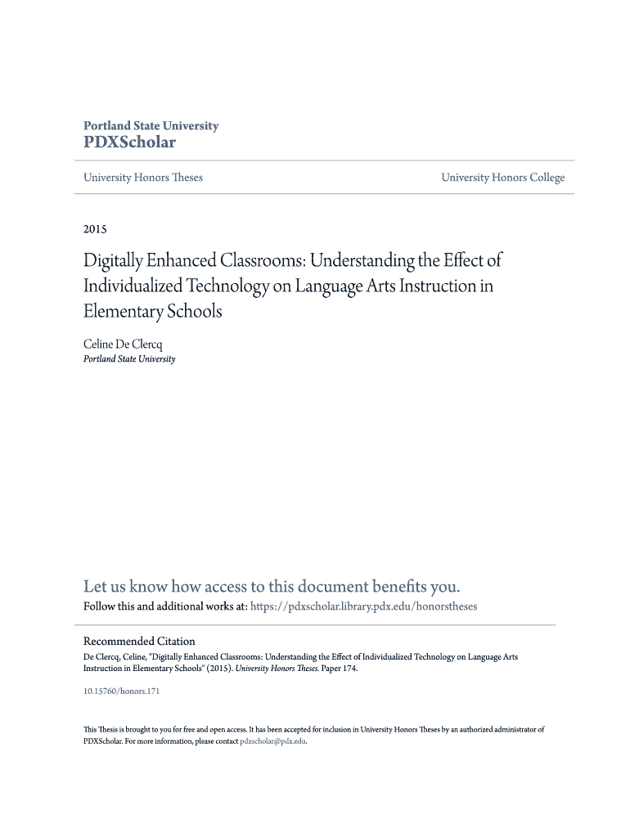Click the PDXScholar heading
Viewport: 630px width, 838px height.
tap(129, 142)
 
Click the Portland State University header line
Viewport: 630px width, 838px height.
tap(151, 126)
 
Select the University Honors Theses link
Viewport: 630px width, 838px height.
tap(143, 178)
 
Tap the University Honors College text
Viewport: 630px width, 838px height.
tap(502, 178)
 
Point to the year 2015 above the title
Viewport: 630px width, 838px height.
tap(96, 228)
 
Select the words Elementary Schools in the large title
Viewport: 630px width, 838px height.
tap(153, 312)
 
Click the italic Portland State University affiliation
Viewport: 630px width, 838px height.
tap(129, 358)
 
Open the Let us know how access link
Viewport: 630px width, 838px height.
tap(272, 586)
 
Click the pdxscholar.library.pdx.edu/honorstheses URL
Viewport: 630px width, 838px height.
tap(362, 606)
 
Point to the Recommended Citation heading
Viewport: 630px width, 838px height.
tap(140, 641)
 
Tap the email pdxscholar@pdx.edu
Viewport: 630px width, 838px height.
tap(272, 741)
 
